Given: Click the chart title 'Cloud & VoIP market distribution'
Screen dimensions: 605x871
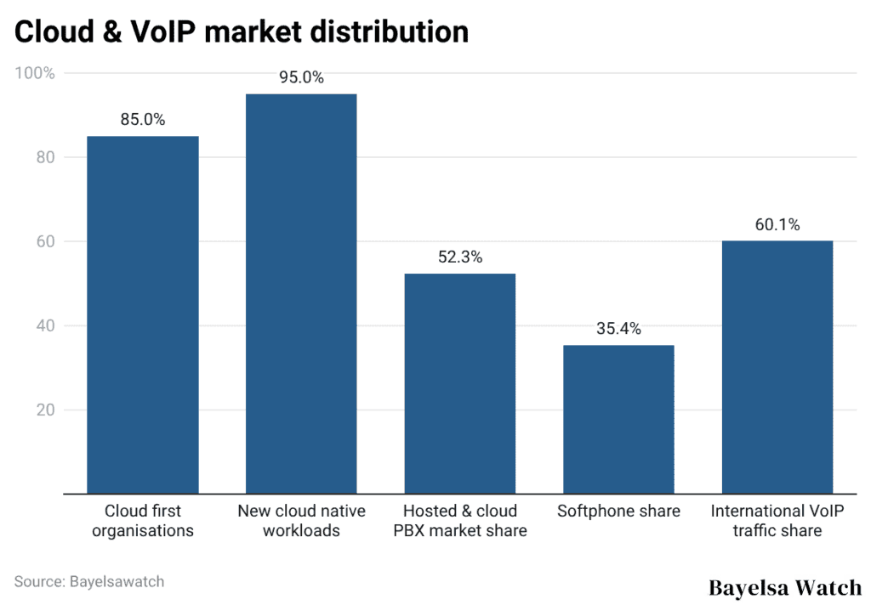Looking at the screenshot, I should (x=242, y=31).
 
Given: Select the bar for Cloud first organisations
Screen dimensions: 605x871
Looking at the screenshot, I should (x=143, y=314).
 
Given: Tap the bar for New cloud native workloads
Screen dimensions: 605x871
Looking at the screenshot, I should (x=301, y=293).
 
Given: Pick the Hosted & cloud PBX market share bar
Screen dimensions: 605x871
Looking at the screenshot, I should (x=460, y=383).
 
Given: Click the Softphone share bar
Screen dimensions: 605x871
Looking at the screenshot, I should (x=618, y=419).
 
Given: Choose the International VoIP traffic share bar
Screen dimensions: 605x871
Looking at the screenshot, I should (x=777, y=367).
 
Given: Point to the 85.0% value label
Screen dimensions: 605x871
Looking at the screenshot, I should (x=143, y=120).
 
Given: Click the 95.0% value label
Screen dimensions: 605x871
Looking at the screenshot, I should (x=301, y=77).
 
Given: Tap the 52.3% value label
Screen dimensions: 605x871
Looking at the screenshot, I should (x=460, y=257).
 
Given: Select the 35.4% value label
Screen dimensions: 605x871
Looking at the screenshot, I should (x=618, y=329).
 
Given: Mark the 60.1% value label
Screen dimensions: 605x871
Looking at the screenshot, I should (x=777, y=225).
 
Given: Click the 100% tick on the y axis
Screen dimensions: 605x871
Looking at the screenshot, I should (x=35, y=73).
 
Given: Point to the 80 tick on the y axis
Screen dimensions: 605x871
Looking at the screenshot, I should (x=44, y=157).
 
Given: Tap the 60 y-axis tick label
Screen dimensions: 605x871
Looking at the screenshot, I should (x=44, y=241).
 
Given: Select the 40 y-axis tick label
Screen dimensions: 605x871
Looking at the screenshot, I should (x=44, y=325).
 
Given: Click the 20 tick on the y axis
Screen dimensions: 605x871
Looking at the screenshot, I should (x=44, y=410).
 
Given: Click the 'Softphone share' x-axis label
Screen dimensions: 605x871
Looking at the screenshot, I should (x=618, y=512).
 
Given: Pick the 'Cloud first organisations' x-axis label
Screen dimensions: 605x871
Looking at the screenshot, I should (x=143, y=521).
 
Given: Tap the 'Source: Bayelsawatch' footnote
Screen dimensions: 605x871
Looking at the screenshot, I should (x=89, y=582).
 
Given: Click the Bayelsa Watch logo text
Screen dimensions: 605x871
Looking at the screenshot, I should (x=784, y=587).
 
